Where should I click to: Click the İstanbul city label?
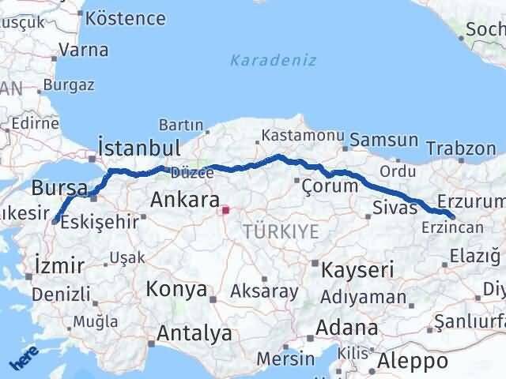coord(139,148)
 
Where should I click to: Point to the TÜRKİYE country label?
coord(282,231)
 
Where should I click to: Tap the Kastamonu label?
coord(296,135)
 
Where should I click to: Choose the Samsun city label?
coord(384,141)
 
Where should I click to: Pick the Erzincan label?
coord(452,227)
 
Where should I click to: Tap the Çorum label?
coord(330,186)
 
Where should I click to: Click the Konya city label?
coord(176,289)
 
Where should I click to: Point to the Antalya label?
coord(194,334)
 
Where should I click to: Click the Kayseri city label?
coord(353,270)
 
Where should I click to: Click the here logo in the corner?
coord(24,358)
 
